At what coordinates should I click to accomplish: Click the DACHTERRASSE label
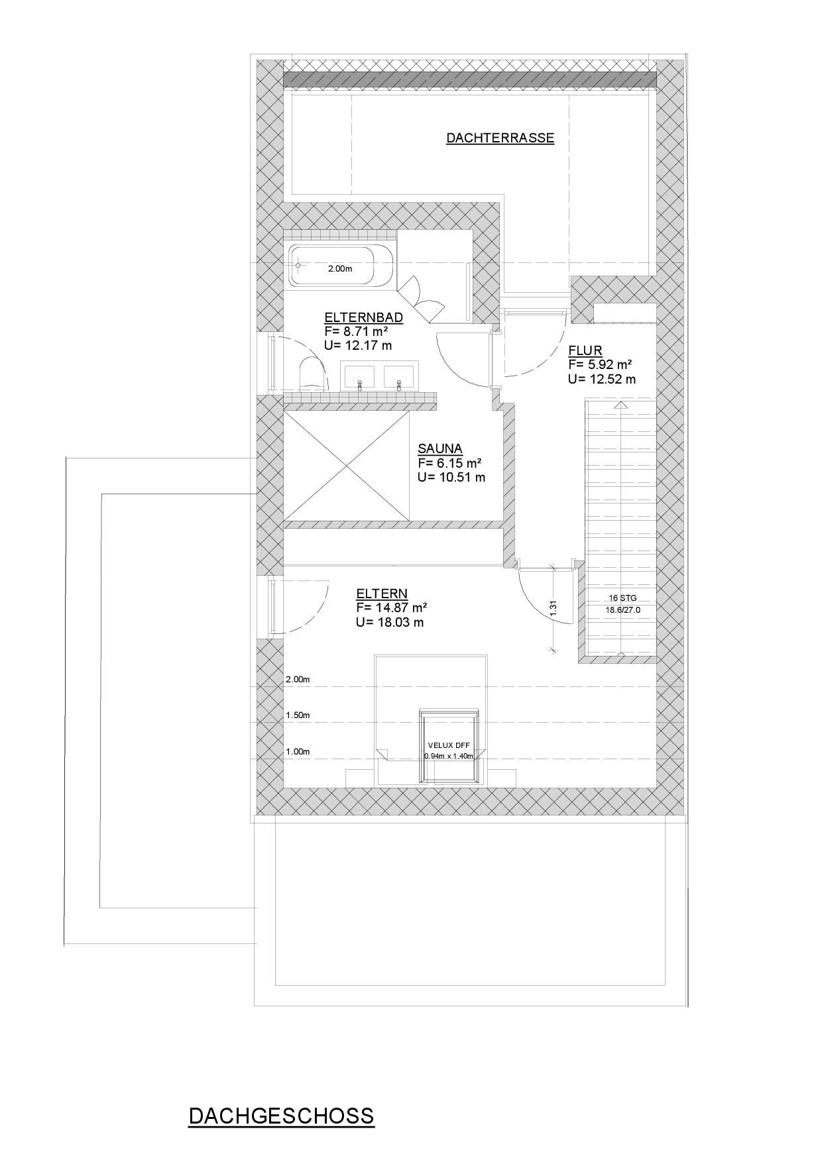tap(500, 138)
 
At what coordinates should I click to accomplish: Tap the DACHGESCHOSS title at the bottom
tap(281, 1116)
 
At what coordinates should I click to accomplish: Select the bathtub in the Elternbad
tap(340, 266)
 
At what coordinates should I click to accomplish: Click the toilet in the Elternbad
tap(313, 374)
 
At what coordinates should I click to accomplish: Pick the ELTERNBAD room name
tap(363, 317)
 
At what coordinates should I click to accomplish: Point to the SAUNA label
tap(440, 449)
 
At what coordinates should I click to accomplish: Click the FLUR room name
tap(585, 350)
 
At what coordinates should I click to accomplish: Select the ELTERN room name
tap(382, 594)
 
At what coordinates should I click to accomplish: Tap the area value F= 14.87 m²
tap(391, 607)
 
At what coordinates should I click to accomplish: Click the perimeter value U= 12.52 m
tap(601, 379)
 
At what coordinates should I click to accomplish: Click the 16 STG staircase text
tap(622, 598)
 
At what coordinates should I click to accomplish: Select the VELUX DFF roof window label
tap(449, 745)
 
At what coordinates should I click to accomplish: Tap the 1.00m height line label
tap(298, 751)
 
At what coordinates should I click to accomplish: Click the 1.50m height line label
tap(298, 715)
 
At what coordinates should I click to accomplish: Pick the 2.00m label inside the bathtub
tap(340, 268)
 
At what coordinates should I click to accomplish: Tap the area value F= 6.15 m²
tap(449, 463)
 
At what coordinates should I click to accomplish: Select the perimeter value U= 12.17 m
tap(358, 345)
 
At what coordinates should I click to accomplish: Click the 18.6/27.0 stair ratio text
tap(622, 610)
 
